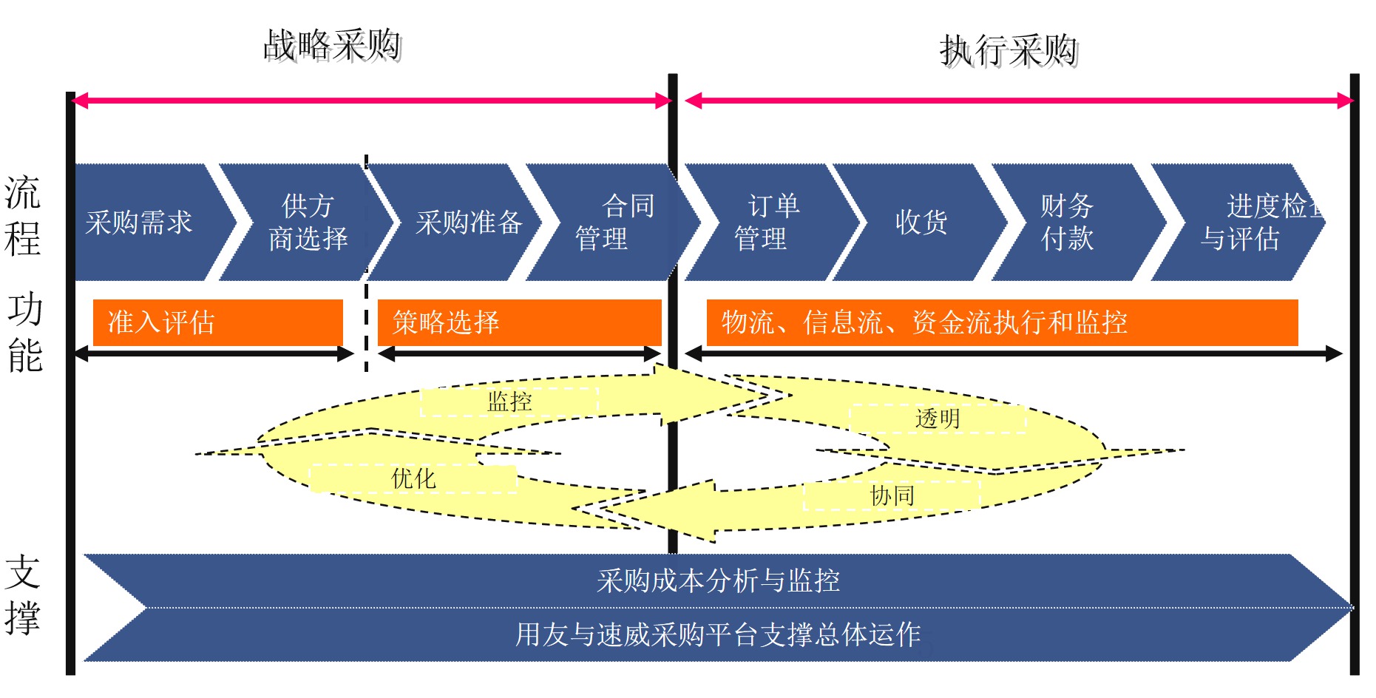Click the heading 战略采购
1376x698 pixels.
(x=332, y=46)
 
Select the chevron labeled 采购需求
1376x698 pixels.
(x=140, y=223)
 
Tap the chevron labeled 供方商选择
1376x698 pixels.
(x=307, y=223)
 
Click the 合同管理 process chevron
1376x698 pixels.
(x=614, y=223)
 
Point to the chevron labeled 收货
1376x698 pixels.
(x=921, y=223)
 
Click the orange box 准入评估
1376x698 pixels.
(x=217, y=322)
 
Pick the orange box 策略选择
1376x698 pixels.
(x=519, y=322)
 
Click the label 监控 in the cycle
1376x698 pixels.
(x=509, y=401)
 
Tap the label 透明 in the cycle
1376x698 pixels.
(x=938, y=419)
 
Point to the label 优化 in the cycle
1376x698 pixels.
(x=413, y=478)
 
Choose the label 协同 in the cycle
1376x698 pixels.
(x=892, y=495)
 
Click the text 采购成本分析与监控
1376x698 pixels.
(x=718, y=581)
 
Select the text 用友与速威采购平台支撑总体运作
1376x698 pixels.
(x=718, y=634)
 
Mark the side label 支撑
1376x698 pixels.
(x=23, y=595)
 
